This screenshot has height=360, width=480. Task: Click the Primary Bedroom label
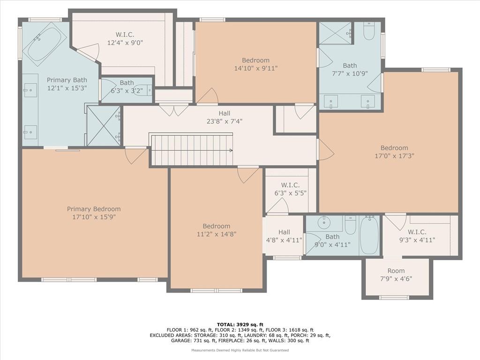pos(94,213)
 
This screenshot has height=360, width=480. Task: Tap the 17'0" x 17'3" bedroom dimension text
pos(394,156)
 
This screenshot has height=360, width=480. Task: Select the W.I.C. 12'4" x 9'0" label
pos(125,38)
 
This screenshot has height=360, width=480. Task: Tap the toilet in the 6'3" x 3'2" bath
pos(144,90)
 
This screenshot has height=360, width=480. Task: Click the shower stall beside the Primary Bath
pos(104,126)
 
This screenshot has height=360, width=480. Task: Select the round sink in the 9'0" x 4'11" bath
pos(323,223)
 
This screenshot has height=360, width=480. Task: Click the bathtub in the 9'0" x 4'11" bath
pos(369,235)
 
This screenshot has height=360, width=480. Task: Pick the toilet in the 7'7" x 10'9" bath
pos(369,31)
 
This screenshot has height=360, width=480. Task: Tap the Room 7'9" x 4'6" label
pos(396,275)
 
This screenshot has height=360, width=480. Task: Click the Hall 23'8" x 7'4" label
pos(225,117)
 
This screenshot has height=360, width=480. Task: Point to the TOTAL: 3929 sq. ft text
pos(240,324)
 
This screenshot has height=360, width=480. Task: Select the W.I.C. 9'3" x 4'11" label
pos(417,236)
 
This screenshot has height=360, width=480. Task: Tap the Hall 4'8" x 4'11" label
pos(284,236)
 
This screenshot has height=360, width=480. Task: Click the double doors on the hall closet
pos(174,110)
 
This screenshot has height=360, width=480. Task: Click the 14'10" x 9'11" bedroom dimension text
pos(255,68)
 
